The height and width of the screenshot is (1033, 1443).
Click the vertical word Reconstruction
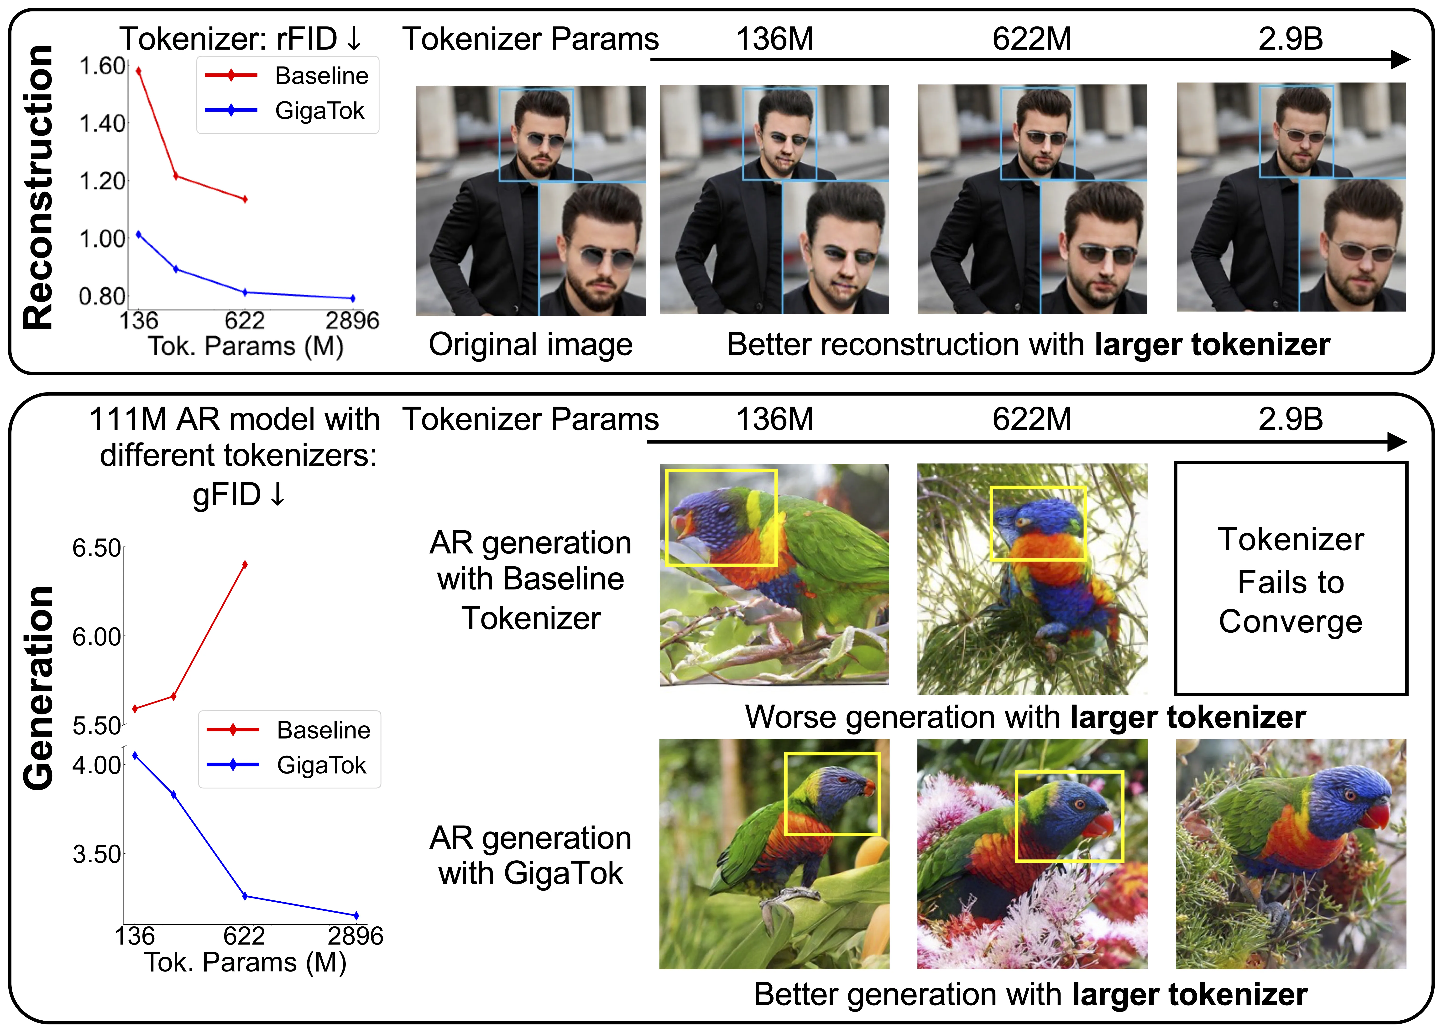click(38, 188)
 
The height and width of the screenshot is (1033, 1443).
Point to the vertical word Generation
click(38, 687)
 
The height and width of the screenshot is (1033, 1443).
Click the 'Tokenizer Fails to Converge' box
click(1290, 579)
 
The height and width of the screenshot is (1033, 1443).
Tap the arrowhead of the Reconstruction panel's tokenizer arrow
click(1400, 60)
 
